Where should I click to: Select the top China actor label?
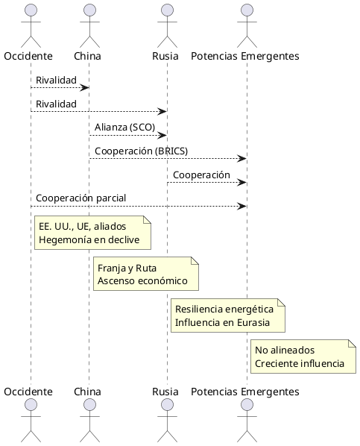(88, 56)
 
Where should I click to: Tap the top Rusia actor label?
(165, 56)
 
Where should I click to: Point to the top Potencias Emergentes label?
(244, 56)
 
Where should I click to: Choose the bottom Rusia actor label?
(165, 392)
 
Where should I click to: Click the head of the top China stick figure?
(89, 10)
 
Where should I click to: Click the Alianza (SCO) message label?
(124, 127)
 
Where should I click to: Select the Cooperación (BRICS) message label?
(141, 151)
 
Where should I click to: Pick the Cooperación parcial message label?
(81, 198)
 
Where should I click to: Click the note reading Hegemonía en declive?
(92, 233)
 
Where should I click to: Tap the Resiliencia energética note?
(227, 315)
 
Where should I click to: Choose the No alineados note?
(303, 357)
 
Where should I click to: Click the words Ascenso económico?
(145, 282)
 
